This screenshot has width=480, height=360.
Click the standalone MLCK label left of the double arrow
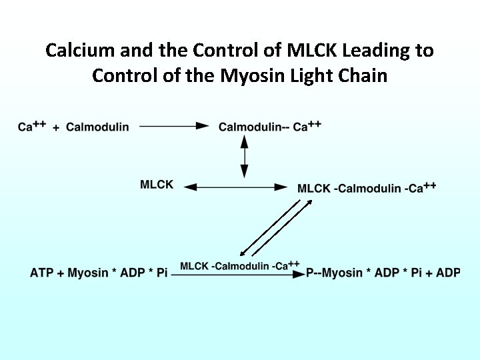coord(157,185)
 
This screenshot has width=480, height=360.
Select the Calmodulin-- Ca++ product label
coord(270,126)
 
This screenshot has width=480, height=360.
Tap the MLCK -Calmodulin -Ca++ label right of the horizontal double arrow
coord(367,188)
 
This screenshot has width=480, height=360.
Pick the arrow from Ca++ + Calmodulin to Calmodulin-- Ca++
coord(174,126)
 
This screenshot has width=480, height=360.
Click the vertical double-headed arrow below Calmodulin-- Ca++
coord(244,156)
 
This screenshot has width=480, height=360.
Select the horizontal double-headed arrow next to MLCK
coord(235,188)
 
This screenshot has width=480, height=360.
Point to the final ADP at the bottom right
coord(448,273)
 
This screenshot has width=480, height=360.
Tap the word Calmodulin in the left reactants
coord(97,127)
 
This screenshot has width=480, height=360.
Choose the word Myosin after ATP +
coord(89,273)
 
